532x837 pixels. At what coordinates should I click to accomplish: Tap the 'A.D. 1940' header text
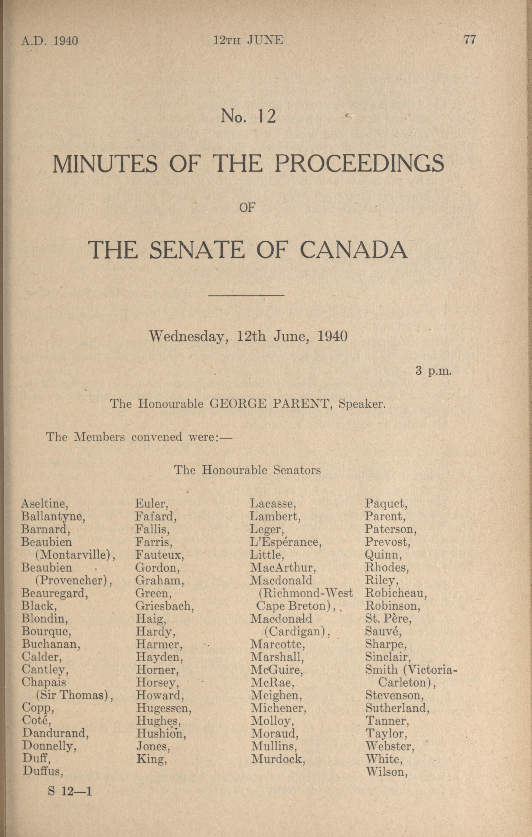point(50,41)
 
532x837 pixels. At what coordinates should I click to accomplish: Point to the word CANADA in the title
point(353,250)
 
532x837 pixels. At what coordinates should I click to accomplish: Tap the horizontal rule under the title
point(246,296)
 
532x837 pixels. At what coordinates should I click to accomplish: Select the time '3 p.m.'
point(433,371)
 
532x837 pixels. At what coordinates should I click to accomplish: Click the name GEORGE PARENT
point(269,404)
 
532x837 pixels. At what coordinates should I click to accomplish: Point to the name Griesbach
point(164,606)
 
